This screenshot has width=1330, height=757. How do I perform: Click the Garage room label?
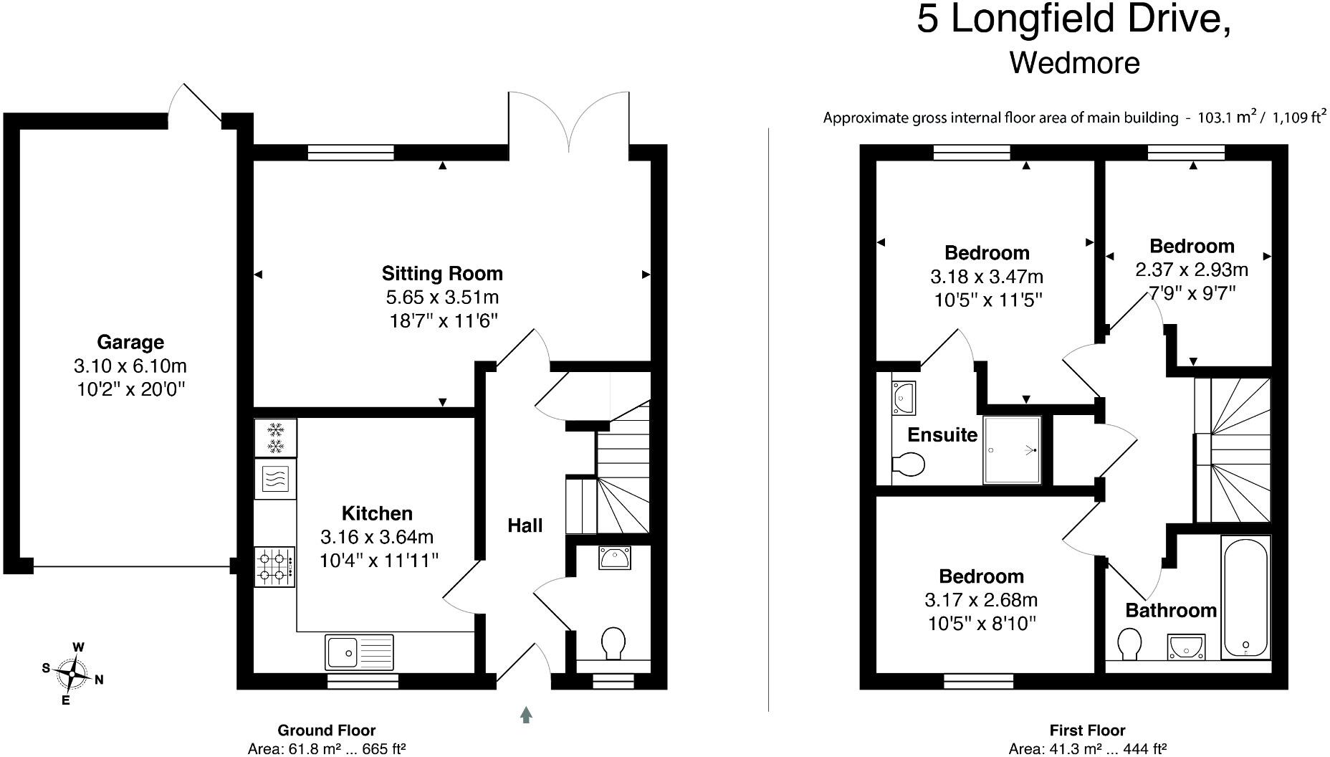click(x=130, y=342)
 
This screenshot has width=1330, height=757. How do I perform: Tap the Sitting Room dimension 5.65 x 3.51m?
click(x=442, y=297)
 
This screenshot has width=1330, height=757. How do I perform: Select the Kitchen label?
click(x=377, y=513)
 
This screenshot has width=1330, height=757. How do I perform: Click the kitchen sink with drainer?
click(x=359, y=652)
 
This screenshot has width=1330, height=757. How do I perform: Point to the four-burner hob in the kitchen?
click(x=274, y=566)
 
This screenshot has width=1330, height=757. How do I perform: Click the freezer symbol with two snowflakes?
click(x=275, y=438)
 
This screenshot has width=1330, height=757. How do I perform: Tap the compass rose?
click(x=72, y=674)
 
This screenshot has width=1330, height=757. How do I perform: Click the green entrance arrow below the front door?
click(x=526, y=714)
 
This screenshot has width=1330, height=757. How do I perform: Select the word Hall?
click(x=525, y=526)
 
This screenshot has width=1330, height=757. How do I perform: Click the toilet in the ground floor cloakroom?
click(x=613, y=642)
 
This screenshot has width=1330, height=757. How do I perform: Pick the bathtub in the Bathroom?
click(x=1245, y=598)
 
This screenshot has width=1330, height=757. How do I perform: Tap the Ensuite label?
click(x=942, y=435)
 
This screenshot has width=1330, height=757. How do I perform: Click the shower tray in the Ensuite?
click(x=1012, y=450)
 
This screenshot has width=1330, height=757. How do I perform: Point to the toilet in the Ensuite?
click(x=909, y=464)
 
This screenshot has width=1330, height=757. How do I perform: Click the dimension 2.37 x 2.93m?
click(x=1192, y=270)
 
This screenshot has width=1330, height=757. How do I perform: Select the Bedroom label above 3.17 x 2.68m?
click(x=981, y=576)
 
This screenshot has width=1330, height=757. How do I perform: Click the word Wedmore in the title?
click(x=1074, y=62)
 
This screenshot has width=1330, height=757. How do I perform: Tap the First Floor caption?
click(x=1087, y=730)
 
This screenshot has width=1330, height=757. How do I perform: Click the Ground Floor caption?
click(x=326, y=730)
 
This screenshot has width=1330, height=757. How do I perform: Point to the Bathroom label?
click(x=1171, y=610)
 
